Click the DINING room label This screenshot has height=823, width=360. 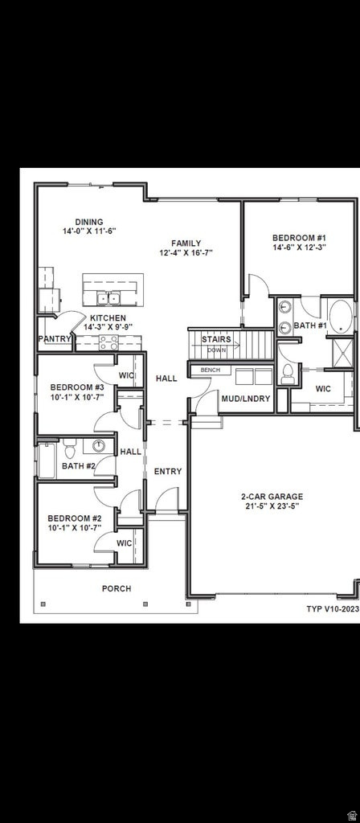(88, 222)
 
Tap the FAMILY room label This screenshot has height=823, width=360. (186, 243)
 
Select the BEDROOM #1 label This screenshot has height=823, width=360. (298, 238)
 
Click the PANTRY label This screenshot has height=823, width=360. (55, 339)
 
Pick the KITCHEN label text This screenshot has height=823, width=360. (107, 318)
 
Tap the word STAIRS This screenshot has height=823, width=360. (216, 339)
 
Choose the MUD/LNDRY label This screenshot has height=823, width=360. (246, 399)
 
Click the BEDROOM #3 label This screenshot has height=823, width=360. (77, 387)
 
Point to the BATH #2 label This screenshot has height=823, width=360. (79, 466)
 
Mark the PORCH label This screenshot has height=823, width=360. (117, 589)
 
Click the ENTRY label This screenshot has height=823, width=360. (168, 472)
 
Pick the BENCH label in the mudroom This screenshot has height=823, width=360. (211, 370)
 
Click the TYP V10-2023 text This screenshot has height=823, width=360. (332, 609)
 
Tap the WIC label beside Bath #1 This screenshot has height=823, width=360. (323, 389)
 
